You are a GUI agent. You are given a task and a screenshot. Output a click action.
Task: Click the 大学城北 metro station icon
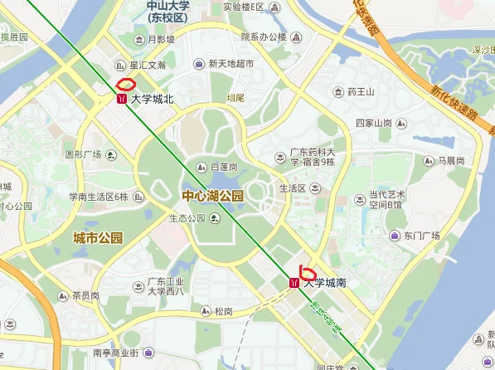(x=122, y=99)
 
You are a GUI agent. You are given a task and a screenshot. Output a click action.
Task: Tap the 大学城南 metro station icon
(x=295, y=283)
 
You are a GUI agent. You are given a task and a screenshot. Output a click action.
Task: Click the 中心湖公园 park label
(x=213, y=197)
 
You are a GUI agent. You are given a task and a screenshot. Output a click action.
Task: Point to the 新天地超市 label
(x=231, y=64)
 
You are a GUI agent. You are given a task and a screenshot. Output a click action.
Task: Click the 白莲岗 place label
(x=224, y=167)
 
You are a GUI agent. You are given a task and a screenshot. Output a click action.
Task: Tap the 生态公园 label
(x=187, y=219)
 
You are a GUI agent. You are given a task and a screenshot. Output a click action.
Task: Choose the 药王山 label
(x=361, y=91)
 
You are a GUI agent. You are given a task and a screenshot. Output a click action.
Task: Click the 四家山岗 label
(x=373, y=123)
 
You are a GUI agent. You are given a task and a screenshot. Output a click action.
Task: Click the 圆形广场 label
(x=83, y=155)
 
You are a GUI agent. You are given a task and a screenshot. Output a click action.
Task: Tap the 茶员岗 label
(x=85, y=295)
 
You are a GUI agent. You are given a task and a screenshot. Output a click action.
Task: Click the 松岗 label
(x=223, y=312)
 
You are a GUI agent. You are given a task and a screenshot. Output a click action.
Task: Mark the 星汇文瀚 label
(x=148, y=65)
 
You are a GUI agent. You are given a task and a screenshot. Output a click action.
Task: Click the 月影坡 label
(x=161, y=39)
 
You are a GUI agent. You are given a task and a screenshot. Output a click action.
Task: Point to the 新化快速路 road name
(x=453, y=105)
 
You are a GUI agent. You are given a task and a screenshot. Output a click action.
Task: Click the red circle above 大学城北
(x=126, y=83)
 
